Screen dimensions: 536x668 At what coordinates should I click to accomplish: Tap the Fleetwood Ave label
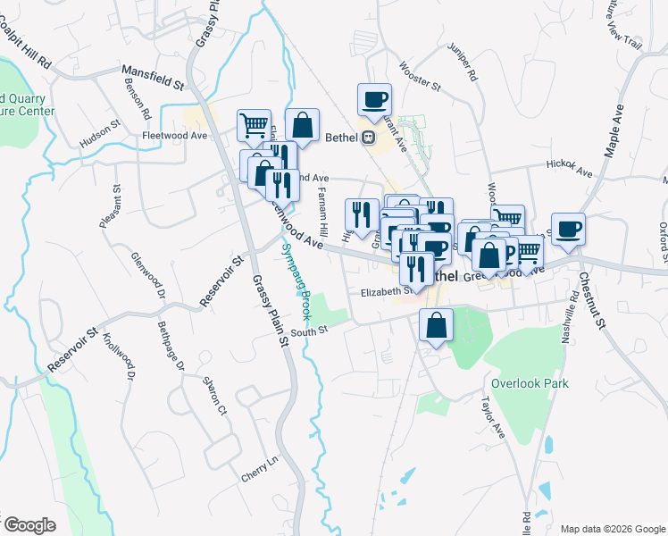[x=174, y=136]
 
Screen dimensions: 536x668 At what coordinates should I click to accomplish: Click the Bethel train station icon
[x=367, y=138]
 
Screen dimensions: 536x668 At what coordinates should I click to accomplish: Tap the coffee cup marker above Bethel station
[x=375, y=98]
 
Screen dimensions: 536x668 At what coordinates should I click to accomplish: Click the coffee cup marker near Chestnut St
[x=568, y=230]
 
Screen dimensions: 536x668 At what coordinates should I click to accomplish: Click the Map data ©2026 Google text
[x=612, y=528]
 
